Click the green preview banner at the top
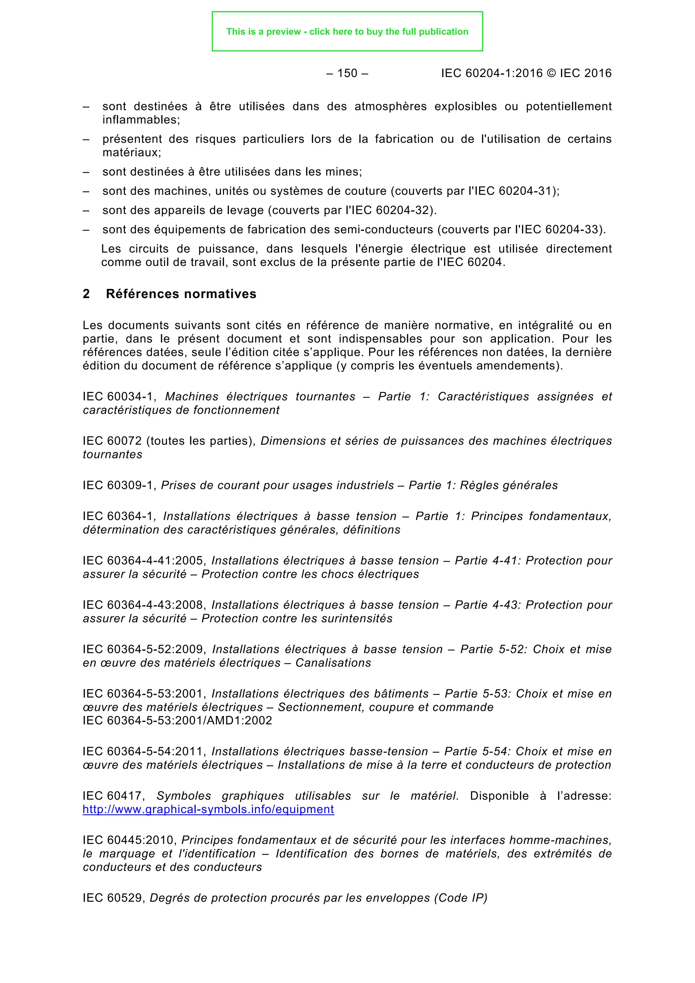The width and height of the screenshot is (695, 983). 347,32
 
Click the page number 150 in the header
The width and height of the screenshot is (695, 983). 347,73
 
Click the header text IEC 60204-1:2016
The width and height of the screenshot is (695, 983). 492,73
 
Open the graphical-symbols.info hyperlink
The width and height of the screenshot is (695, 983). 208,809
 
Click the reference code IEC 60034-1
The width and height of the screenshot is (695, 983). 118,396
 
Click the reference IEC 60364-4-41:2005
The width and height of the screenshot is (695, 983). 144,560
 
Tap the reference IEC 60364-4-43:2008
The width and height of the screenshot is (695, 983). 144,605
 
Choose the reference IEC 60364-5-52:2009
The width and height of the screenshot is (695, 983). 144,649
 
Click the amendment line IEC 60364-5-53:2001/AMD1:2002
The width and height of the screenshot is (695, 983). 177,721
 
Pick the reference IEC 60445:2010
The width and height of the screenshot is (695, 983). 130,840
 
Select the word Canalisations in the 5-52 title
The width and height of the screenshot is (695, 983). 333,663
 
